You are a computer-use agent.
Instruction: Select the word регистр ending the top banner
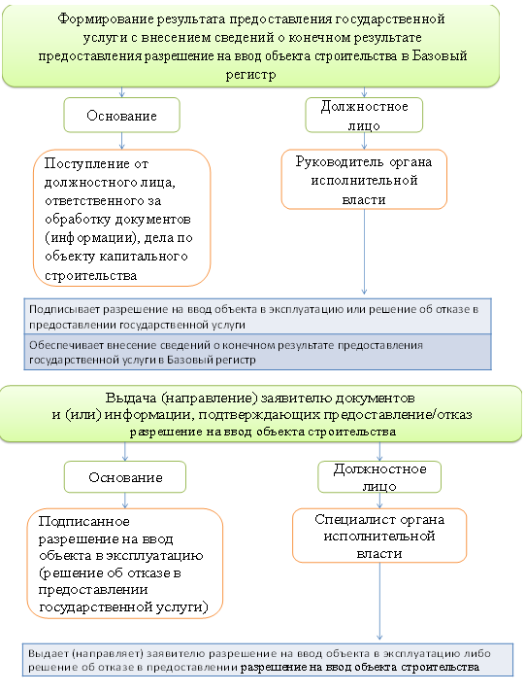coord(250,75)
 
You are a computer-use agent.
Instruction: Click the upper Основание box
coord(121,116)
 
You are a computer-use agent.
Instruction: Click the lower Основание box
coord(125,477)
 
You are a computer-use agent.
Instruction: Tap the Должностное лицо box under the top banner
coord(364,116)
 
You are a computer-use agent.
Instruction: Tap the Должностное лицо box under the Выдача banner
coord(379,477)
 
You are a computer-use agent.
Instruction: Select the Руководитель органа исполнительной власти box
coord(364,180)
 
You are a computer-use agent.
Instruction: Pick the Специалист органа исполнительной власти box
coord(379,536)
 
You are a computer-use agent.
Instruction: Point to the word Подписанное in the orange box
coord(83,522)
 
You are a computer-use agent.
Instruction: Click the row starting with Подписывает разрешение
coord(257,317)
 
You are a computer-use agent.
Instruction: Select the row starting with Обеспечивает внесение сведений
coord(257,352)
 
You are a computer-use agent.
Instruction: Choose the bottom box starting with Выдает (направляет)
coord(268,660)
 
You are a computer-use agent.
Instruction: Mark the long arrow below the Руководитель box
coord(364,252)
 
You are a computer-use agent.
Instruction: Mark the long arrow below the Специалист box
coord(379,602)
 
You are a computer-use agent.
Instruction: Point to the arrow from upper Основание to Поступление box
coord(121,141)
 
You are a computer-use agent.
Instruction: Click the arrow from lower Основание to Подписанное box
coord(125,501)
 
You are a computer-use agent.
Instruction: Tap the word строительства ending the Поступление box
coord(91,276)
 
